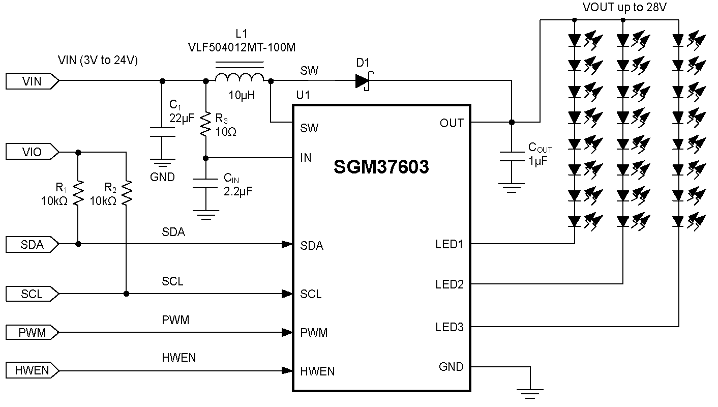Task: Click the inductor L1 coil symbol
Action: (x=240, y=77)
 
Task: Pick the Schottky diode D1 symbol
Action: (x=363, y=81)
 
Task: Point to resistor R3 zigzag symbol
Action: (x=206, y=125)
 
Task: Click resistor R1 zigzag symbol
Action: (x=78, y=193)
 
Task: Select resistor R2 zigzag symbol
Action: (x=126, y=193)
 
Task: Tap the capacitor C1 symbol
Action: (x=162, y=132)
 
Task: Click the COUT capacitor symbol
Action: (x=512, y=156)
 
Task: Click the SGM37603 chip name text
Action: (x=381, y=167)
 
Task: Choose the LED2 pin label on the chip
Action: (x=449, y=284)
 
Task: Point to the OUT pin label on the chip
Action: (x=452, y=123)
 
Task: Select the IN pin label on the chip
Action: (x=306, y=158)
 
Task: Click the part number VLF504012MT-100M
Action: (x=242, y=47)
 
